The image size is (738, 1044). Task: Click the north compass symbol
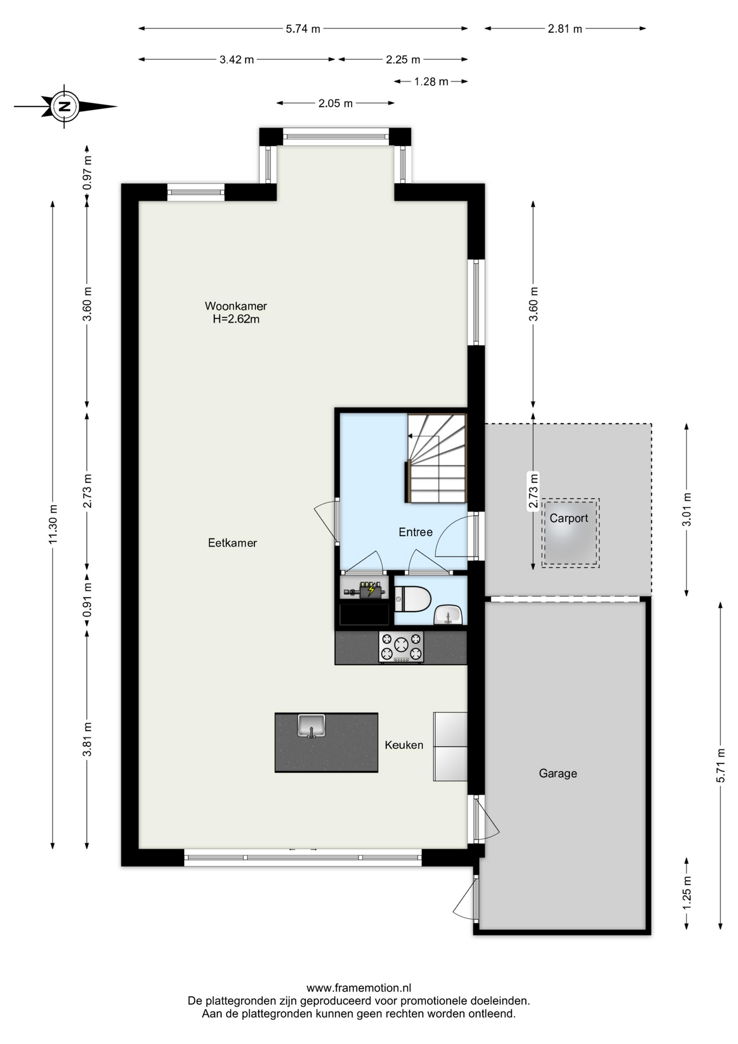[x=65, y=107]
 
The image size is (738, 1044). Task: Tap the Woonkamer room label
[x=236, y=306]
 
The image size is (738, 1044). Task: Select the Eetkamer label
[x=233, y=543]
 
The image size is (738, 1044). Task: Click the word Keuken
[x=404, y=745]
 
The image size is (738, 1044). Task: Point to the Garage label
[x=558, y=773]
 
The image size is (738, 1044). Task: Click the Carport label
[x=569, y=518]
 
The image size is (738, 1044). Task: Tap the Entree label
[x=416, y=532]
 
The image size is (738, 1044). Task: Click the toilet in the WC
[x=412, y=599]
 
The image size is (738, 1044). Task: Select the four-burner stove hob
[x=401, y=647]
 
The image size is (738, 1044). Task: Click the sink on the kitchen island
[x=311, y=726]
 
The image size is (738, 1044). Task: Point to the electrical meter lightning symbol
[x=372, y=590]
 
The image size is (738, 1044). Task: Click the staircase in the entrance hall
[x=436, y=458]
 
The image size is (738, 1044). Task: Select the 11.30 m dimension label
[x=53, y=524]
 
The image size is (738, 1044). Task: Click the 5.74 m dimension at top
[x=303, y=29]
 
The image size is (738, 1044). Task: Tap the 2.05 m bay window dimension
[x=335, y=103]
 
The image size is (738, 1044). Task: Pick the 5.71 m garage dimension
[x=721, y=766]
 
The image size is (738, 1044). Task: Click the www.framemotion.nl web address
[x=359, y=988]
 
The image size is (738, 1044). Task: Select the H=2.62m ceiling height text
[x=236, y=319]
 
